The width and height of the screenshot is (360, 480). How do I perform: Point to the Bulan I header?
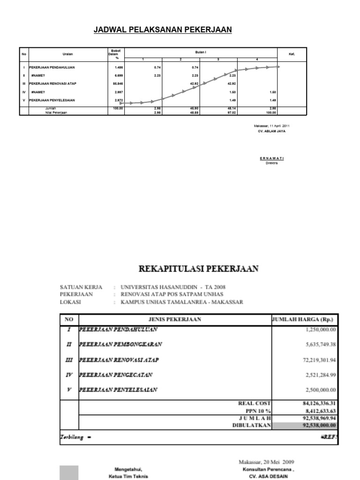[x=201, y=52]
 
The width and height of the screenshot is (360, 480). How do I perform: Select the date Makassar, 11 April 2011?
[x=272, y=126]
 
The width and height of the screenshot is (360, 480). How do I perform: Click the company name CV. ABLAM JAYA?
[x=269, y=131]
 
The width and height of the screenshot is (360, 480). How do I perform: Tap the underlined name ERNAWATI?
[x=272, y=158]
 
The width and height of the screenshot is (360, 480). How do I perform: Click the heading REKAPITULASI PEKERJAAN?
[x=201, y=269]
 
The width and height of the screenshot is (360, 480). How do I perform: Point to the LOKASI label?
[x=70, y=302]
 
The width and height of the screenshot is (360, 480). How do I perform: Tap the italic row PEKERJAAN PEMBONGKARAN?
[x=120, y=345]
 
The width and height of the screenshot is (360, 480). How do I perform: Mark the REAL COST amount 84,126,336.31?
[x=315, y=403]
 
